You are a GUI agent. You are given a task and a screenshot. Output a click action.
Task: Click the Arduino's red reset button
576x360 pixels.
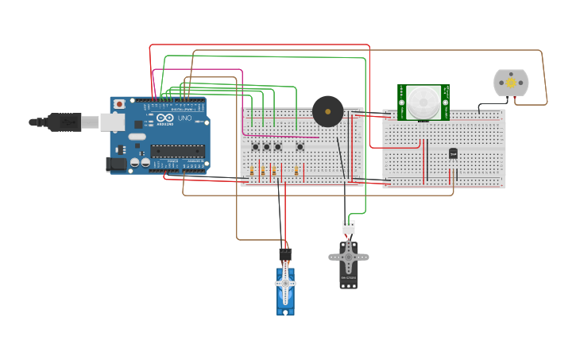[119, 103]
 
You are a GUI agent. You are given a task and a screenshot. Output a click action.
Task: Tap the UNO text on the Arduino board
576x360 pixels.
[184, 118]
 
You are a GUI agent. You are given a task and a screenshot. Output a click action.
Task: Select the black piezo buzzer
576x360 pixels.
[327, 111]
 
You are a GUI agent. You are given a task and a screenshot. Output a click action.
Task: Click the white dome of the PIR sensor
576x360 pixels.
[423, 102]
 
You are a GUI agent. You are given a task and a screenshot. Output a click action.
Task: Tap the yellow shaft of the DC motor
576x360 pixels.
[511, 83]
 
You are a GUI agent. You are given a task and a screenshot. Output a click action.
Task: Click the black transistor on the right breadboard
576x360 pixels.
[453, 153]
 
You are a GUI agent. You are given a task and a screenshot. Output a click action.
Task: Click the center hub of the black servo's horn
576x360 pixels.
[348, 257]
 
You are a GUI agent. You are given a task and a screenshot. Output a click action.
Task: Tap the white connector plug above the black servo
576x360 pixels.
[349, 227]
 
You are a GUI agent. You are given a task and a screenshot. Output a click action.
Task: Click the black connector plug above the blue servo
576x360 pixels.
[285, 254]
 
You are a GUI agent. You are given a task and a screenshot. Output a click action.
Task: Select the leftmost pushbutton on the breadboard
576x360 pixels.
[255, 146]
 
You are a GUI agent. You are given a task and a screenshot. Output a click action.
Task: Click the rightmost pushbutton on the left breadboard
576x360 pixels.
[300, 146]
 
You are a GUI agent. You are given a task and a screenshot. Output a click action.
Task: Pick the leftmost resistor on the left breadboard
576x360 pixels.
[252, 171]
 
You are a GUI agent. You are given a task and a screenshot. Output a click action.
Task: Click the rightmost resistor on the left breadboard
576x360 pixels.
[296, 171]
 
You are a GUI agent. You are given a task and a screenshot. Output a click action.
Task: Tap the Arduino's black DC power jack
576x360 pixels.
[115, 164]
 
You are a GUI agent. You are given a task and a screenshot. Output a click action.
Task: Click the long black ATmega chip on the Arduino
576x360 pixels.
[177, 150]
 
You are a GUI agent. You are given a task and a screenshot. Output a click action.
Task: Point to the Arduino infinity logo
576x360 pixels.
[164, 118]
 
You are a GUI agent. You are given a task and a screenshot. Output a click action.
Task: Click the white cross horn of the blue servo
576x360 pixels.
[285, 283]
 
